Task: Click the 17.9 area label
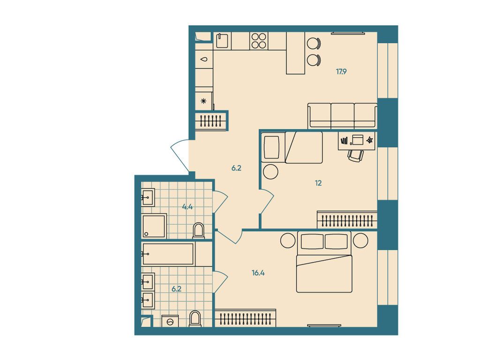341,72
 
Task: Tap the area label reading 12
318,183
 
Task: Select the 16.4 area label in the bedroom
255,271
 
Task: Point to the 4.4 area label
187,206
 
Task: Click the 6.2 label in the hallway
236,167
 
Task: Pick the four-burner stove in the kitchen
258,40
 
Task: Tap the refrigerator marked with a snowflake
203,101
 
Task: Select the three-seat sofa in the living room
342,116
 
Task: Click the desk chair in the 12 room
355,155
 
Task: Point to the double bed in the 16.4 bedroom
323,267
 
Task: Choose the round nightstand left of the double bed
287,240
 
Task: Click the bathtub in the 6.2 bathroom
168,254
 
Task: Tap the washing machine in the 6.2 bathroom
171,322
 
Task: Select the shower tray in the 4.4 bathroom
154,226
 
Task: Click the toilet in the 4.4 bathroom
198,230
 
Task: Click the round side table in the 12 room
270,172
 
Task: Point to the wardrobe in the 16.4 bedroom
245,318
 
